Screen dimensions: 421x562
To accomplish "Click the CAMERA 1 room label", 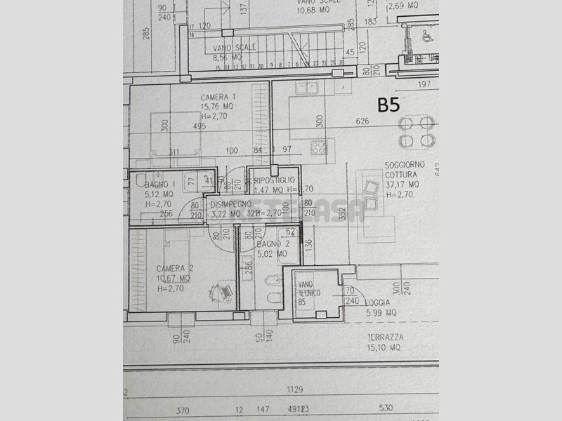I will tap(218, 97).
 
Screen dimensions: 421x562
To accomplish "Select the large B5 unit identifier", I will tap(388, 105).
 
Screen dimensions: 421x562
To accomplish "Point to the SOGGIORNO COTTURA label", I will tap(401, 169).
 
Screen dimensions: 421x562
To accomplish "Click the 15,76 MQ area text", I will tap(217, 107).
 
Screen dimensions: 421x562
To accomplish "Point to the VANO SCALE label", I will tap(235, 47).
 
